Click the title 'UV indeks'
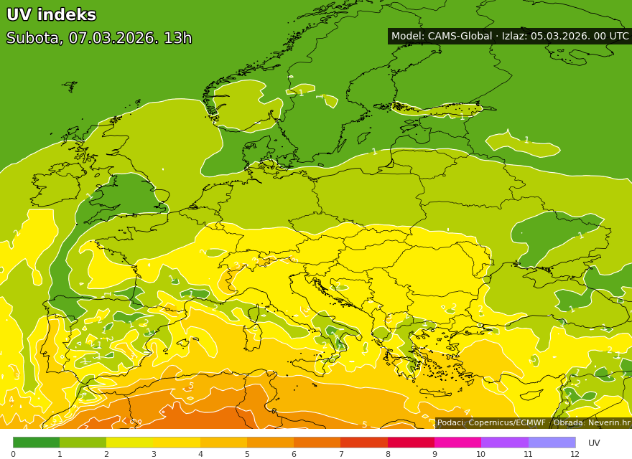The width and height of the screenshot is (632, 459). [51, 15]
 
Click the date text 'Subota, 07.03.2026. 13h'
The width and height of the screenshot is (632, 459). [99, 39]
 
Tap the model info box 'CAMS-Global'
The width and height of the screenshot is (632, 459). [509, 36]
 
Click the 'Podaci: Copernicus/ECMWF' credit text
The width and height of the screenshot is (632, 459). [491, 423]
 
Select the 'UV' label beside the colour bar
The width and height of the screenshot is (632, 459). [594, 443]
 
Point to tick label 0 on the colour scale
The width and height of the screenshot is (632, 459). [13, 454]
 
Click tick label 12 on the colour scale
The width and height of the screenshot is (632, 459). [575, 454]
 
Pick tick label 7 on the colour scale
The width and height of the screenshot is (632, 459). [340, 454]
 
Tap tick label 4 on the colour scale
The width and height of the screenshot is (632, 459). [200, 454]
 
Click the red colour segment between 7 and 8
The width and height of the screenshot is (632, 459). [364, 443]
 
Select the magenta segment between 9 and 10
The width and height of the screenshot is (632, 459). [457, 443]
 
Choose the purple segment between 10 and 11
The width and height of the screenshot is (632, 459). [504, 443]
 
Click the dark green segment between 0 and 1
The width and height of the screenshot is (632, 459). [36, 443]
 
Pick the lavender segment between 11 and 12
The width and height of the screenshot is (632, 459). [552, 443]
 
